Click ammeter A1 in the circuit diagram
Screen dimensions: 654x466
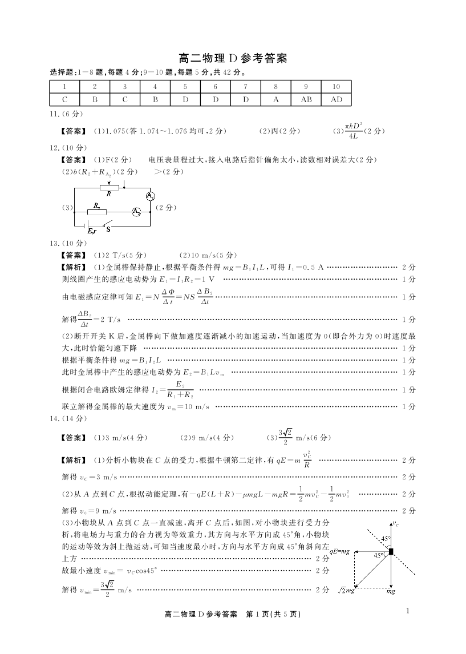[x=150, y=196]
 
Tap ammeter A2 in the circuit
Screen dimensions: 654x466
[x=136, y=212]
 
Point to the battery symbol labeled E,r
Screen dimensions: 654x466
[x=88, y=227]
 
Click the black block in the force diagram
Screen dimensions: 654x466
[x=391, y=551]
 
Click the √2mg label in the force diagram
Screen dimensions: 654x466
[x=346, y=590]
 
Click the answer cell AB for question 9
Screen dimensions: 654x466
[x=306, y=99]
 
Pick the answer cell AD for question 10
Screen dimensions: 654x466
[x=336, y=99]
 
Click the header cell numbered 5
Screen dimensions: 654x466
[x=185, y=87]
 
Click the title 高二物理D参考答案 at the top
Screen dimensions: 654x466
[x=233, y=58]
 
